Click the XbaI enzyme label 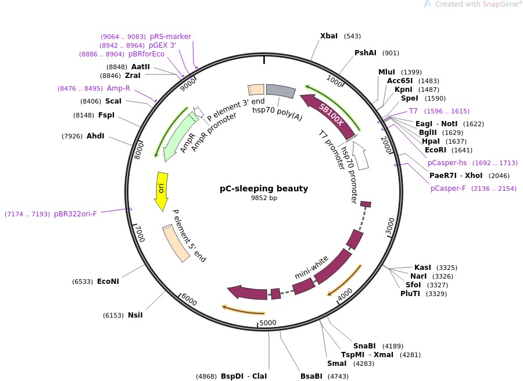(329, 36)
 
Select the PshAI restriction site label (366, 53)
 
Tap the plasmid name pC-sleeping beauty (264, 188)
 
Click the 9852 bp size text (264, 198)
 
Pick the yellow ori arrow (162, 191)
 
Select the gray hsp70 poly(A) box (281, 91)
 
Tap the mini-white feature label (311, 266)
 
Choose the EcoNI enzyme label (108, 282)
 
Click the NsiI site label (135, 315)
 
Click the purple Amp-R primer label (119, 88)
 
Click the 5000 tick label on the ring (268, 323)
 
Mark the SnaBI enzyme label (364, 346)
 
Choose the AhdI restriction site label (95, 136)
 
